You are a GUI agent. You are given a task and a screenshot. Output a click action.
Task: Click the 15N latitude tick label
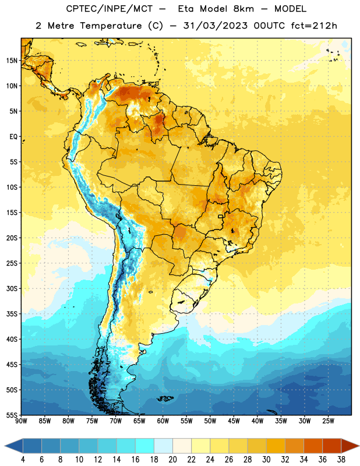[x=12, y=61]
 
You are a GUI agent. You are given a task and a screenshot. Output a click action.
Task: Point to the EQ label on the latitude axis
[x=13, y=137]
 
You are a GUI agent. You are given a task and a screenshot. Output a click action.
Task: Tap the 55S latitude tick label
[x=12, y=415]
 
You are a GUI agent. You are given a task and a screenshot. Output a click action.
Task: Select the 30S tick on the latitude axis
[x=12, y=288]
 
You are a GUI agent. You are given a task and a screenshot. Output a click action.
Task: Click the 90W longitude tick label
[x=21, y=421]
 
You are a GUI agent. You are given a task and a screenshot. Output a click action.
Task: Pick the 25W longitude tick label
[x=328, y=421]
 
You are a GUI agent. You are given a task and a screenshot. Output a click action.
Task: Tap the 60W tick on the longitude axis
[x=163, y=421]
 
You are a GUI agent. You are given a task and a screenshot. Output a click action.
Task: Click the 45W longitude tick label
[x=234, y=421]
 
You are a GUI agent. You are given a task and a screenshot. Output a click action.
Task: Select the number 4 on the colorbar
[x=23, y=460]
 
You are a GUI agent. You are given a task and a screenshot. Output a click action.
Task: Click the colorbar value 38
[x=341, y=460]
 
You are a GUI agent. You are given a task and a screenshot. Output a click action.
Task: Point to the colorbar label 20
[x=172, y=460]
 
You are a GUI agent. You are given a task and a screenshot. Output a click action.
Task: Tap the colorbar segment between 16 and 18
[x=145, y=446]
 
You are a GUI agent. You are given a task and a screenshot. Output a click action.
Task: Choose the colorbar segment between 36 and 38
[x=332, y=446]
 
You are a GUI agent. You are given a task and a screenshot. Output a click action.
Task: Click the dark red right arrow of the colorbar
[x=350, y=446]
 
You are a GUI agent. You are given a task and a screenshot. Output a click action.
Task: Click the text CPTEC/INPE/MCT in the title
[x=110, y=9]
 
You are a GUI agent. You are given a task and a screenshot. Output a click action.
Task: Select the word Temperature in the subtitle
[x=111, y=26]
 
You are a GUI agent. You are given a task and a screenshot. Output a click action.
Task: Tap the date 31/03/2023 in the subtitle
[x=216, y=26]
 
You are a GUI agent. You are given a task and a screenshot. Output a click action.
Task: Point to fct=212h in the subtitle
[x=314, y=26]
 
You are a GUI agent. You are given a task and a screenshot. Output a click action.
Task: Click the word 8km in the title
[x=243, y=9]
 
